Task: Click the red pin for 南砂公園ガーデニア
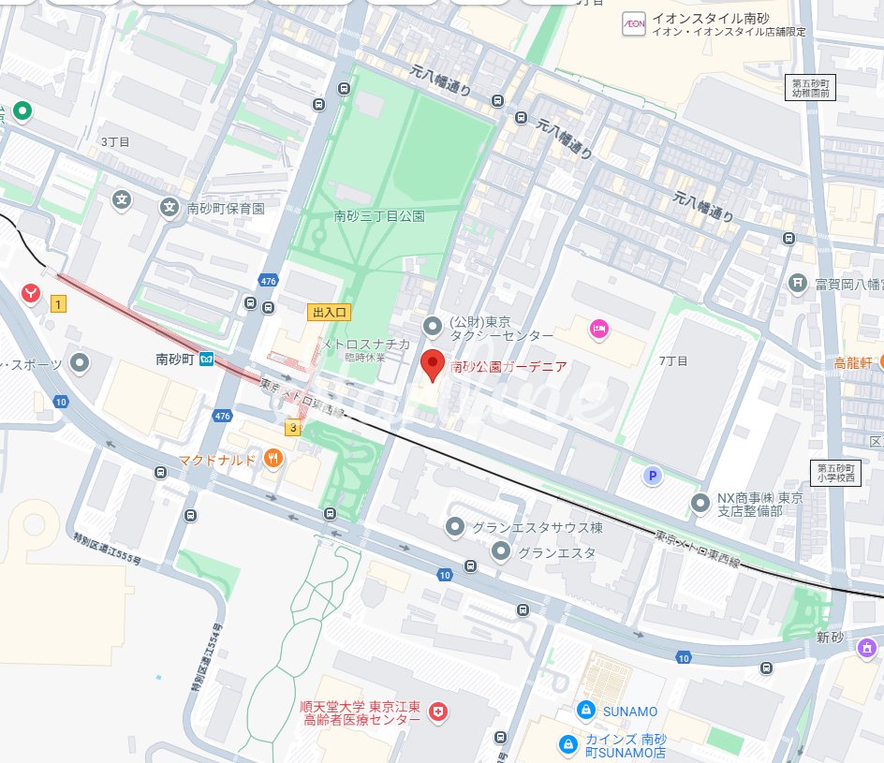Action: [x=432, y=364]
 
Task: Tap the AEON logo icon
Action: [x=634, y=23]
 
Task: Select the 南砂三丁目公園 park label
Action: [x=379, y=216]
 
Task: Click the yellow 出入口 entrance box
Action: [x=329, y=312]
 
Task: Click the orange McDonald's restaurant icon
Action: [x=273, y=458]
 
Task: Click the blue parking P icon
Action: [x=652, y=477]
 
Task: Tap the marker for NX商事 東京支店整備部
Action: [x=700, y=504]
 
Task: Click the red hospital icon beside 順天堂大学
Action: [x=436, y=713]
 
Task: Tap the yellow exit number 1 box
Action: [x=58, y=303]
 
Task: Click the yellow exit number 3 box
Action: [x=293, y=428]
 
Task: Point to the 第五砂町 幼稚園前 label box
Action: [x=810, y=88]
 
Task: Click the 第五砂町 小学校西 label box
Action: [x=834, y=474]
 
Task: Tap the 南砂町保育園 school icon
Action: [x=169, y=208]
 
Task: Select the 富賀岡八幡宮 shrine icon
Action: [x=797, y=281]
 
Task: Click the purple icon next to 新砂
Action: [x=867, y=646]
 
